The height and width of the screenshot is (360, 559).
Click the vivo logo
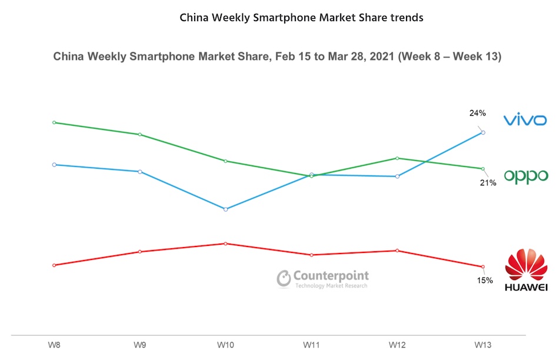pyautogui.click(x=525, y=120)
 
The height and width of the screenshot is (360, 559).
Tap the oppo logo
pyautogui.click(x=525, y=176)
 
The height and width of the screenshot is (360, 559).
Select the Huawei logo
pyautogui.click(x=525, y=270)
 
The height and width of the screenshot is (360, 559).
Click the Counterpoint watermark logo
pyautogui.click(x=323, y=278)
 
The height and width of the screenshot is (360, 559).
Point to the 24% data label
pyautogui.click(x=477, y=113)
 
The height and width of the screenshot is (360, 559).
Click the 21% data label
pyautogui.click(x=488, y=183)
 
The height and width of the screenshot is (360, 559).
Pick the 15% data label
pyautogui.click(x=484, y=280)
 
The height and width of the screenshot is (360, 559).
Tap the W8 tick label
pyautogui.click(x=54, y=344)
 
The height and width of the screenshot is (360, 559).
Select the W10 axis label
pyautogui.click(x=226, y=344)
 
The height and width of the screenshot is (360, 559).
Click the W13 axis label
pyautogui.click(x=483, y=344)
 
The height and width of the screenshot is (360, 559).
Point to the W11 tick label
pyautogui.click(x=312, y=344)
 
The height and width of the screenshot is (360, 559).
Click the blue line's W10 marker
pyautogui.click(x=226, y=209)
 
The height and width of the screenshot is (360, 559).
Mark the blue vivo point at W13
pyautogui.click(x=483, y=132)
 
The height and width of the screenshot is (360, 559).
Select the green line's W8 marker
pyautogui.click(x=54, y=122)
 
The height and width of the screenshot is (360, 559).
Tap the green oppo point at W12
pyautogui.click(x=398, y=158)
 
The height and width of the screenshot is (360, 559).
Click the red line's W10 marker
pyautogui.click(x=226, y=243)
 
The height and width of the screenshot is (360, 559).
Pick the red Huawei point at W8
pyautogui.click(x=54, y=265)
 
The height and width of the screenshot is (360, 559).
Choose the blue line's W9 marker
pyautogui.click(x=140, y=171)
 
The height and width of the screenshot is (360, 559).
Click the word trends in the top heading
pyautogui.click(x=407, y=17)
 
